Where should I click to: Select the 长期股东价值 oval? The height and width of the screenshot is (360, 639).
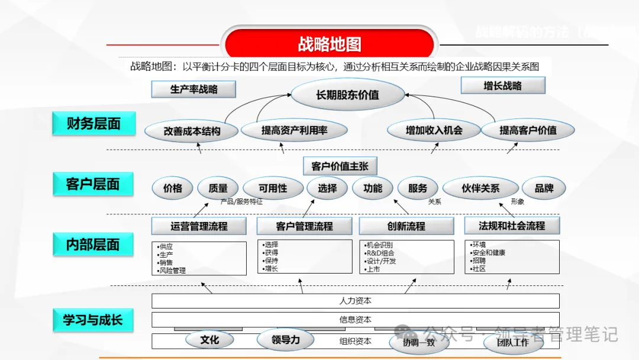click(x=347, y=95)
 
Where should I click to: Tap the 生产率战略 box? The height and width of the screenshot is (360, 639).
click(x=193, y=89)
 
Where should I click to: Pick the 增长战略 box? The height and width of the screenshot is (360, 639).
click(x=502, y=85)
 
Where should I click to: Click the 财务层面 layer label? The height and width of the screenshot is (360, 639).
click(x=93, y=123)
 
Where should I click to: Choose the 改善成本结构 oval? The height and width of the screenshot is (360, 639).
click(x=192, y=131)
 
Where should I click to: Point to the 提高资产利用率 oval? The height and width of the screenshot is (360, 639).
click(x=294, y=130)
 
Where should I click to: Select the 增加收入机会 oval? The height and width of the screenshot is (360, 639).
click(x=434, y=130)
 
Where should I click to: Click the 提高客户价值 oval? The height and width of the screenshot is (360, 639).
click(x=528, y=130)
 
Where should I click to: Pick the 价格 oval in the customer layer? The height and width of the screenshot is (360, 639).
click(x=172, y=188)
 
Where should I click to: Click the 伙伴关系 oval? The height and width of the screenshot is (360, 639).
click(x=480, y=188)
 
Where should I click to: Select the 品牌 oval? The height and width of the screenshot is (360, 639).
click(x=544, y=188)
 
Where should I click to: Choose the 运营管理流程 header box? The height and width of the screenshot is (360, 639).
click(x=199, y=226)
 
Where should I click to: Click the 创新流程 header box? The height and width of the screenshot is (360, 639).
click(x=406, y=226)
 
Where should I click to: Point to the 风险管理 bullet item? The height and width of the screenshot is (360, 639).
click(x=173, y=271)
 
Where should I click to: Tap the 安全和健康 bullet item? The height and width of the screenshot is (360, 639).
click(x=489, y=253)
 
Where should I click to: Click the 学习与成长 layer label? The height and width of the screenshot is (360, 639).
click(x=93, y=320)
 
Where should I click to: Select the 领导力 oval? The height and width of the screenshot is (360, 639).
click(x=285, y=340)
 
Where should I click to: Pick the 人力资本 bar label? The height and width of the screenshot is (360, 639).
click(x=355, y=301)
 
